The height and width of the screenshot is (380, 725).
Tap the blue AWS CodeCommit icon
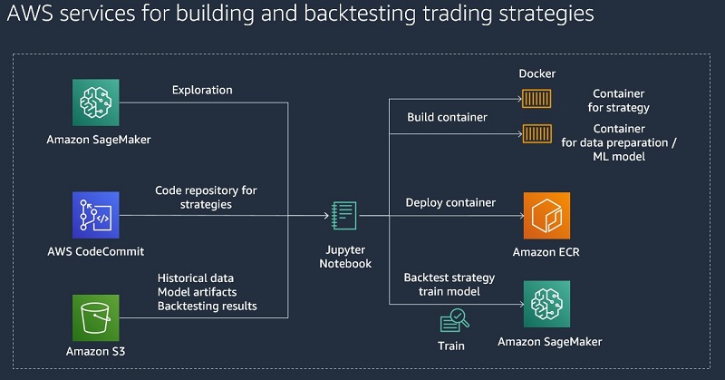point(96,215)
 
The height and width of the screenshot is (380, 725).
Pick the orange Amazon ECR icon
point(546,216)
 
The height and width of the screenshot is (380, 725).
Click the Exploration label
point(202,91)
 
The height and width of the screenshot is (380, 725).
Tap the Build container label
point(447,118)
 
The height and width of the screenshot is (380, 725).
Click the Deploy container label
point(450,202)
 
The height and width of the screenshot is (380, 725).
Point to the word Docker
point(536,73)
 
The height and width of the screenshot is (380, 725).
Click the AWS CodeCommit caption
point(96,251)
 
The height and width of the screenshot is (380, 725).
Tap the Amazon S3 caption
point(96,352)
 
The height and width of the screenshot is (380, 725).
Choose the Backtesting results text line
point(207,306)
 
